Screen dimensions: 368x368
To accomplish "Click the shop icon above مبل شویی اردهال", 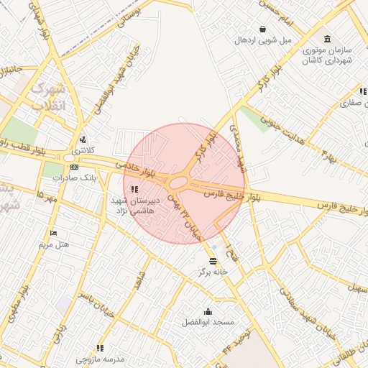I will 263,29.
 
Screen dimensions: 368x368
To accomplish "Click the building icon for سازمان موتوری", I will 328,38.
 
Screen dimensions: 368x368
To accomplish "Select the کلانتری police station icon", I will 83,139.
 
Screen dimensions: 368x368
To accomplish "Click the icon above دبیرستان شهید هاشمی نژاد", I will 134,189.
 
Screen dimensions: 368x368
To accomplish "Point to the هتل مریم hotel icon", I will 53,234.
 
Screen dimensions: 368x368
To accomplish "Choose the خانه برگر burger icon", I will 213,261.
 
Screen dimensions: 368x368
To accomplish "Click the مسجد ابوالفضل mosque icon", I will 208,311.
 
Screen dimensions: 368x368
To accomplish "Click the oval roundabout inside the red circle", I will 178,183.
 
